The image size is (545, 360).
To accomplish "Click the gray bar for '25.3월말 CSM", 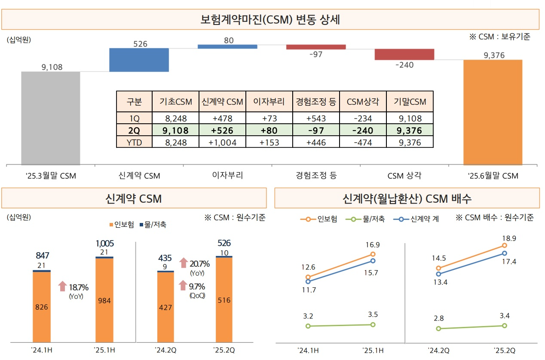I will click(x=51, y=118).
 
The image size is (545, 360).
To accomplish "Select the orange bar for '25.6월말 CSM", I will click(x=493, y=112).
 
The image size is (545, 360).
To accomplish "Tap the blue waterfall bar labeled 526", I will click(x=139, y=60).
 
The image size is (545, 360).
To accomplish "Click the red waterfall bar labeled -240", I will click(x=404, y=54).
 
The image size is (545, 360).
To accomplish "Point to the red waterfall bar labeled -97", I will click(x=316, y=47).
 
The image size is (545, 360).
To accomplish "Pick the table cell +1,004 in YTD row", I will click(x=222, y=142).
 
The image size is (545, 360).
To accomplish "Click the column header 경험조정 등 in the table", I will click(x=316, y=102).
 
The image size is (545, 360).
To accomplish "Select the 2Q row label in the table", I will click(x=134, y=131).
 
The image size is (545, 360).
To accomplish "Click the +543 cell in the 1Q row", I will click(x=316, y=119).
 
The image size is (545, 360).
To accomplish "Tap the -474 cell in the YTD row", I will click(x=363, y=142).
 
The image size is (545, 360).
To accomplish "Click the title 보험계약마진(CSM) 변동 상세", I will click(x=270, y=20).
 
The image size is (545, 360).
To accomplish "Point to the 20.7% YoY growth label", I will click(x=199, y=264).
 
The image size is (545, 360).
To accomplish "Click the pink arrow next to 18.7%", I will click(x=63, y=286).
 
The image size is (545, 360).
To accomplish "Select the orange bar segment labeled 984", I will click(x=104, y=300).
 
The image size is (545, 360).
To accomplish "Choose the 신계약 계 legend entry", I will click(x=419, y=219).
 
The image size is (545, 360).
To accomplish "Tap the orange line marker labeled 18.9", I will click(x=504, y=246).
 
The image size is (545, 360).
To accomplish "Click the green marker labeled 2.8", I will click(x=438, y=329).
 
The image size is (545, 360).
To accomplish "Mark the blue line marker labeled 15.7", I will click(x=373, y=261).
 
